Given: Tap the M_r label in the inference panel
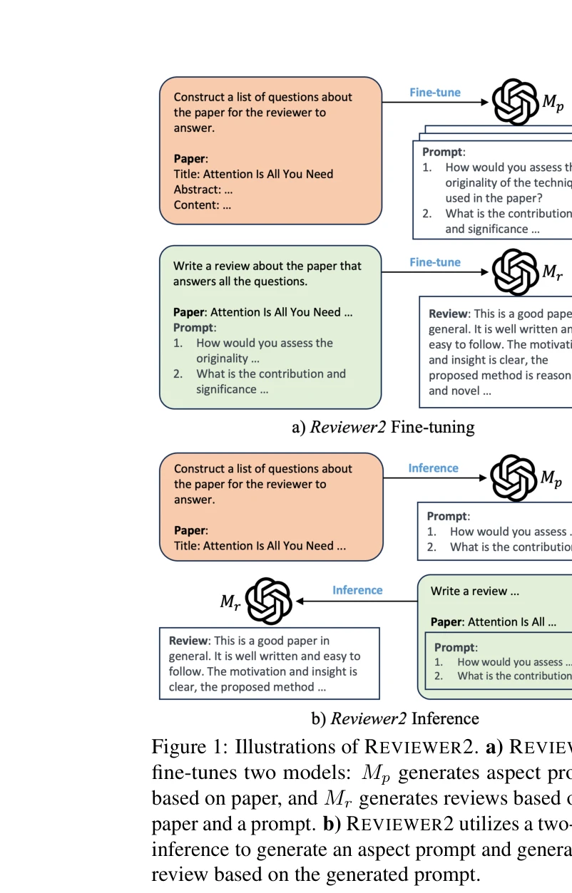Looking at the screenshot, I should click(230, 602).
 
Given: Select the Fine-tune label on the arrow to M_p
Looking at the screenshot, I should click(434, 93).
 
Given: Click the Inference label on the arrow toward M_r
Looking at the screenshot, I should click(357, 590).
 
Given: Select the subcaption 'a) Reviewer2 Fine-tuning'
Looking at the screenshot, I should click(383, 427).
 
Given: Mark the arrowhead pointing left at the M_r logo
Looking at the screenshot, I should click(300, 602).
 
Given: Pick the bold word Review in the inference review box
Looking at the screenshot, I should click(189, 641).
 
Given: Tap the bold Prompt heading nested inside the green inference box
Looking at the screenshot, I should click(454, 648).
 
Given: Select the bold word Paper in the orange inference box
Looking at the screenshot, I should click(189, 530).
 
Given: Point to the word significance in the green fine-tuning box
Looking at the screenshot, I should click(226, 389).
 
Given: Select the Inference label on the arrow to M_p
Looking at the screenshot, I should click(433, 468).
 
